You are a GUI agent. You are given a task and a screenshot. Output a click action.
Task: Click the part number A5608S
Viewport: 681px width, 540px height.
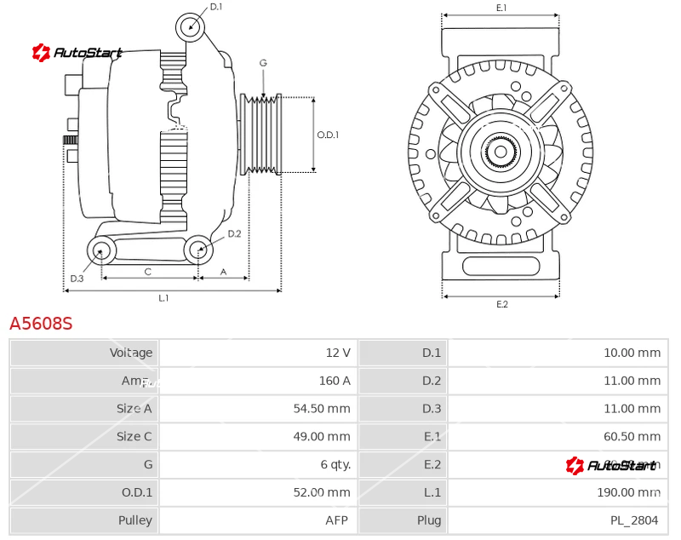(x=41, y=324)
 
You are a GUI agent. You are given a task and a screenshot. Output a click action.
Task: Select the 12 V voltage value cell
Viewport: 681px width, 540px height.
(x=337, y=353)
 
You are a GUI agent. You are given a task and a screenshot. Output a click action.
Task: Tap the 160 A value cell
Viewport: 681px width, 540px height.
(x=334, y=381)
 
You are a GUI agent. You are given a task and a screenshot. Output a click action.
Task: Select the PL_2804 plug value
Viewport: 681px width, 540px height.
(x=635, y=520)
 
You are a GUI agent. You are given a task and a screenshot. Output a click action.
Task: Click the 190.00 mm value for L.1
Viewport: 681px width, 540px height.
(x=628, y=492)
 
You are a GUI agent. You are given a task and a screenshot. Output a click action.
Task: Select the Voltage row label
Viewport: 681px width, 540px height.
(x=131, y=353)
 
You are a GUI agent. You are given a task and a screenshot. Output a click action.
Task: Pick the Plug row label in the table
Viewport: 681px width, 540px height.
(x=430, y=520)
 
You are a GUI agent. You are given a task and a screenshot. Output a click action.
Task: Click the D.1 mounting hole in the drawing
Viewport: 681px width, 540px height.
(x=191, y=26)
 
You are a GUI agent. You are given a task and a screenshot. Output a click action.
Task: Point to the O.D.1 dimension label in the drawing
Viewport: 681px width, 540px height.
(x=328, y=135)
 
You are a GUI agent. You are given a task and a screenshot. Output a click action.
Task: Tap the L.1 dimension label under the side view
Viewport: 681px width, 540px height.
(x=163, y=298)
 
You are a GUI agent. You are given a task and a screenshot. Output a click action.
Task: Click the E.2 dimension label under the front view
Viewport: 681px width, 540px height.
(x=501, y=304)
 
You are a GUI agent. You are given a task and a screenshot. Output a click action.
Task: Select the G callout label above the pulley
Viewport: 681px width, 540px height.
(x=263, y=63)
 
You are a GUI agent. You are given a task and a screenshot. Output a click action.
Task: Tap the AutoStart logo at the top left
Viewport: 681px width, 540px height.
(x=77, y=53)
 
